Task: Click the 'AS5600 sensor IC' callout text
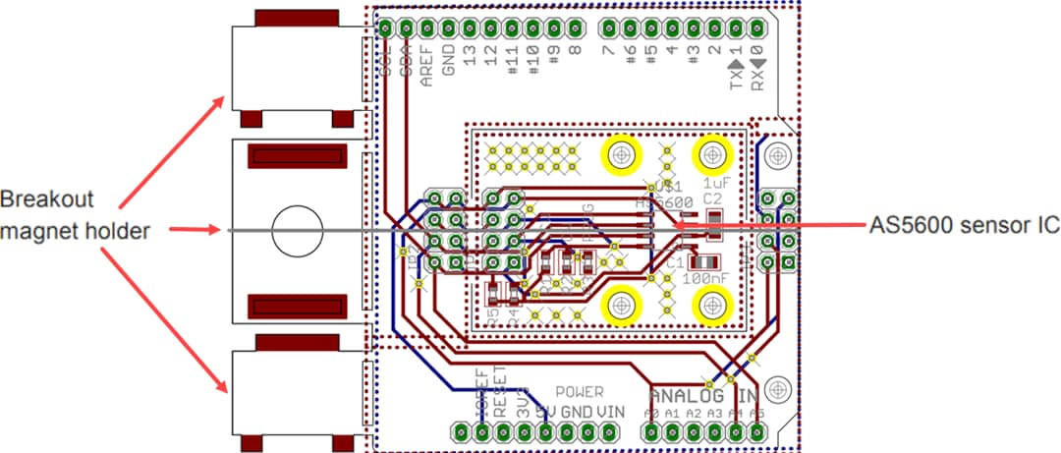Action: (x=965, y=225)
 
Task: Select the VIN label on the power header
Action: (x=612, y=411)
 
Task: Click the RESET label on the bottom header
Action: (x=502, y=393)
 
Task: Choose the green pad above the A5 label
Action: (x=758, y=431)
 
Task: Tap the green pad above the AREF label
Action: (x=427, y=27)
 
